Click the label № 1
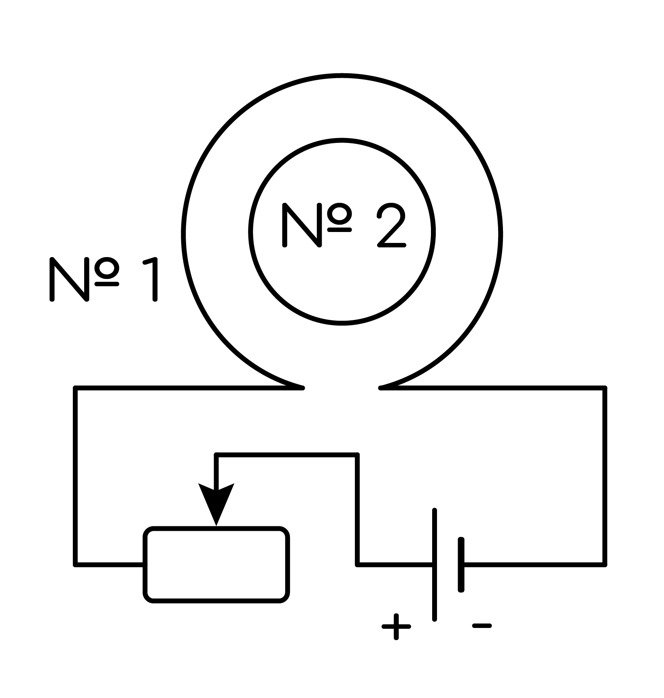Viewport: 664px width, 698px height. click(103, 279)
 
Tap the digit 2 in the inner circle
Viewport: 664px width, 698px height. click(391, 225)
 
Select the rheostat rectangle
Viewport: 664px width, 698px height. click(216, 565)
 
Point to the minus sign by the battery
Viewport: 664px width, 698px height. click(482, 626)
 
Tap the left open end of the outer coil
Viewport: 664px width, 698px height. click(302, 387)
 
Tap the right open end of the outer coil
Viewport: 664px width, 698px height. click(381, 387)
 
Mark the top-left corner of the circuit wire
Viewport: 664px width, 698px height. click(75, 388)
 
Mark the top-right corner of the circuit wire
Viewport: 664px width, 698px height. click(605, 388)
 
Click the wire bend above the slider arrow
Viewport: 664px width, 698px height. click(216, 455)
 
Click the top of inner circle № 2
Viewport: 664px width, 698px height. click(342, 140)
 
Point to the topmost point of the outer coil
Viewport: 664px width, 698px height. click(342, 76)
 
